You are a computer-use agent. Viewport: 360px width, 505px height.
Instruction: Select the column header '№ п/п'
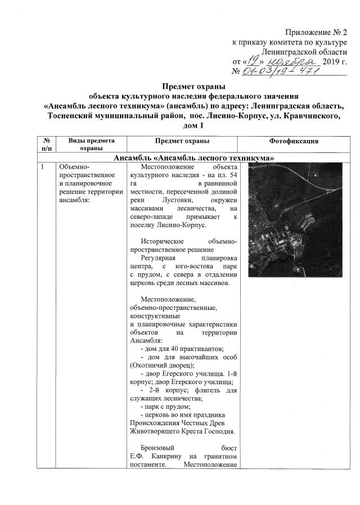(x=45, y=144)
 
